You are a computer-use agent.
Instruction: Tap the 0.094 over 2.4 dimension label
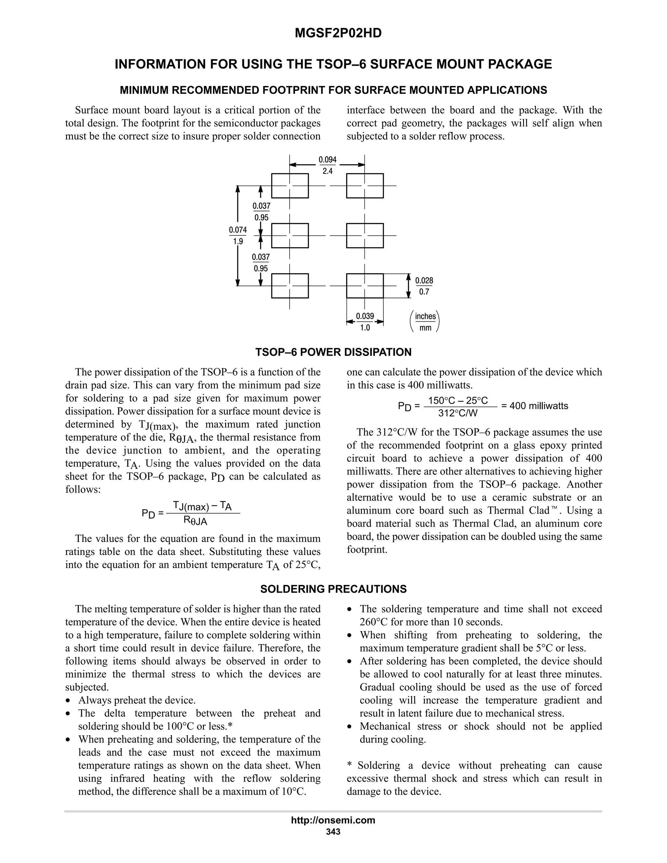(328, 165)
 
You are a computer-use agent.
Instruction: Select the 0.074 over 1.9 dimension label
(238, 235)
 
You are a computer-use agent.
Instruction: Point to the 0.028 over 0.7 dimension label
(424, 286)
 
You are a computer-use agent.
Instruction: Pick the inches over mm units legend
(425, 322)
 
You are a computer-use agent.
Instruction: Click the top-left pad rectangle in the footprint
(290, 186)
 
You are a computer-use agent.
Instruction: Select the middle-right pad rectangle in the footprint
(365, 235)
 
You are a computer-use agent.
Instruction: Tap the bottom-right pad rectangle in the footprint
(365, 286)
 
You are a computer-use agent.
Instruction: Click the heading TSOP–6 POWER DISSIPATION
(333, 352)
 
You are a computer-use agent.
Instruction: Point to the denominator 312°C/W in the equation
(458, 413)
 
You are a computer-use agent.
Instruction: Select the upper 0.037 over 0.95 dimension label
(261, 211)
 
